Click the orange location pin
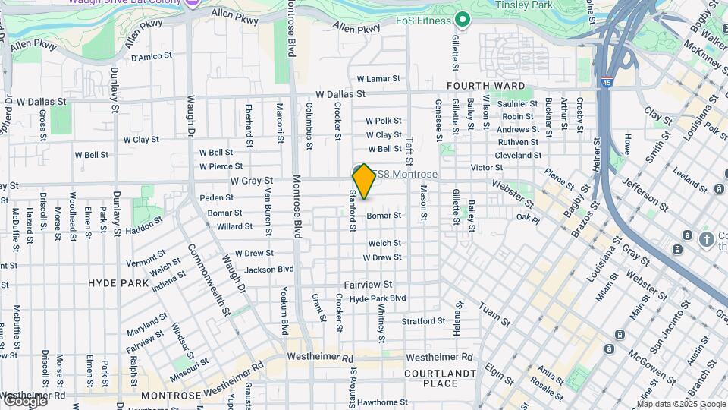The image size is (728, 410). tap(364, 181)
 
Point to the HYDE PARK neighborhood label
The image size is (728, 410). tap(118, 282)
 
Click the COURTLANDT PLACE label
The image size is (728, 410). tap(440, 378)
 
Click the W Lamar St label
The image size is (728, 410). tap(383, 79)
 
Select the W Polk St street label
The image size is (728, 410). tap(383, 121)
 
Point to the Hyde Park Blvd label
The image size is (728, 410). tap(378, 299)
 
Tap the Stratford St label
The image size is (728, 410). tap(424, 321)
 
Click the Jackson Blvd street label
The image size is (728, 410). tap(269, 270)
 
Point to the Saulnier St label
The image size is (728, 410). tap(517, 103)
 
